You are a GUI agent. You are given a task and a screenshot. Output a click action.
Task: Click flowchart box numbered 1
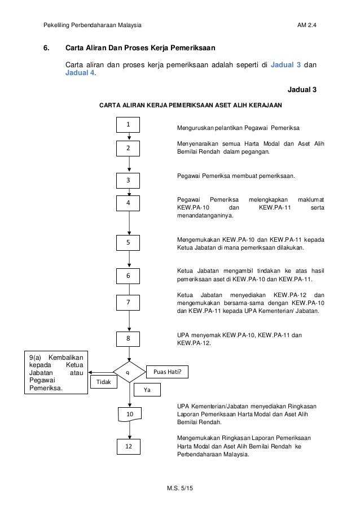(130, 124)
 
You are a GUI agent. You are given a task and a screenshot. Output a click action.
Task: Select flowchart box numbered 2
(130, 148)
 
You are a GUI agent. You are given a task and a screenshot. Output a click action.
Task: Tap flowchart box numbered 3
(130, 180)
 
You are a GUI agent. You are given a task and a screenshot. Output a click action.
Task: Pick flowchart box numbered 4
(130, 202)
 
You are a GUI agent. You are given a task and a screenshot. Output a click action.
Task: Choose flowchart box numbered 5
(130, 242)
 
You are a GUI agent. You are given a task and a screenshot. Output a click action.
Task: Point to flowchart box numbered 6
(130, 276)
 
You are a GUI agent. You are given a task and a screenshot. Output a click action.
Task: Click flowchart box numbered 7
(130, 303)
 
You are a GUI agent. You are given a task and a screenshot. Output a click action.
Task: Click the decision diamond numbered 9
(130, 373)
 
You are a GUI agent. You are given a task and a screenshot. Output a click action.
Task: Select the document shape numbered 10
(130, 415)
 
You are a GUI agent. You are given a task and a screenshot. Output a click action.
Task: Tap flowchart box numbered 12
(130, 447)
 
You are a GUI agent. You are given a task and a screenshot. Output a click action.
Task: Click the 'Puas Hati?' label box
(168, 372)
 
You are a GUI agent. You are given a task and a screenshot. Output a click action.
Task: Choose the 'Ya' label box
(147, 390)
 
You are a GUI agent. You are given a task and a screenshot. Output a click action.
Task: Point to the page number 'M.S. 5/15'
(179, 487)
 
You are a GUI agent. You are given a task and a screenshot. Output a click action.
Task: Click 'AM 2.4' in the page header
(306, 26)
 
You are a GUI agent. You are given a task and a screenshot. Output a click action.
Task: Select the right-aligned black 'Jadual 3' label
(302, 90)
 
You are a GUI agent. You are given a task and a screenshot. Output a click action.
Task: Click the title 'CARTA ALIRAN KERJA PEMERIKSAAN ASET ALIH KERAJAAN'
(191, 105)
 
